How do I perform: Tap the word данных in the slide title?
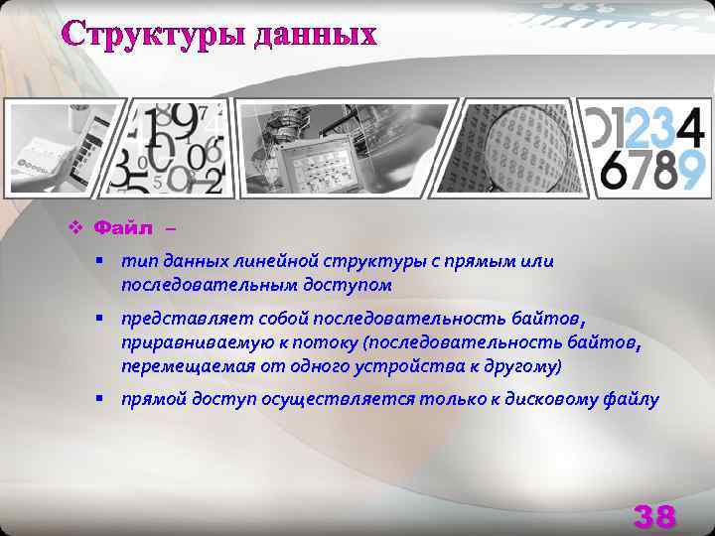pyautogui.click(x=316, y=34)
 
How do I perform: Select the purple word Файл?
pyautogui.click(x=123, y=229)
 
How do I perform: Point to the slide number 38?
pyautogui.click(x=654, y=516)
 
